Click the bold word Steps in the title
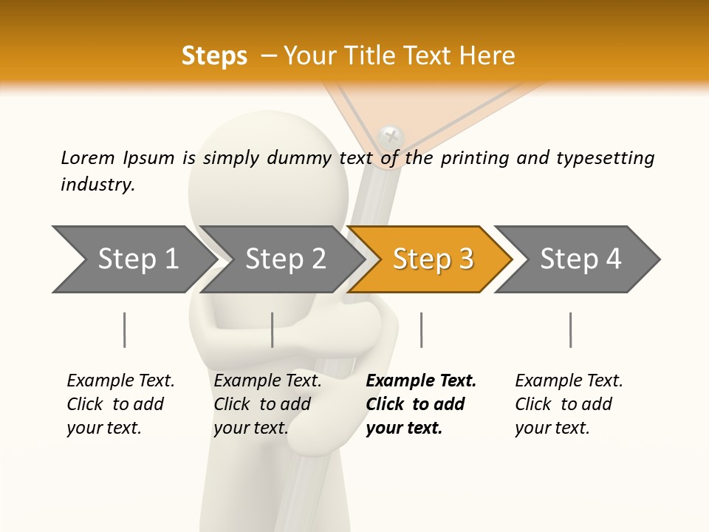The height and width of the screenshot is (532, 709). tap(214, 56)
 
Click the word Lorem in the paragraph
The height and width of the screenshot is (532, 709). tap(88, 158)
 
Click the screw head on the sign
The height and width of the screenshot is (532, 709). tap(391, 136)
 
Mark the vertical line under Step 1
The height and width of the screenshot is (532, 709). tap(124, 330)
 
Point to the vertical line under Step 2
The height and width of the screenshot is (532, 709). tap(273, 330)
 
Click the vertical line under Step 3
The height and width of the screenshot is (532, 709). tap(421, 330)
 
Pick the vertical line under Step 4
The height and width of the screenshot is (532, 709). tap(570, 330)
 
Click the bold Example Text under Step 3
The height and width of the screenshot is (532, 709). tap(421, 381)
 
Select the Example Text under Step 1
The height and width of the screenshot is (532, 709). tap(120, 381)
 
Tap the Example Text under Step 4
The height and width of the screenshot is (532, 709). tap(569, 381)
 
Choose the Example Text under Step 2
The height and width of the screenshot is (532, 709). tap(267, 381)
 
